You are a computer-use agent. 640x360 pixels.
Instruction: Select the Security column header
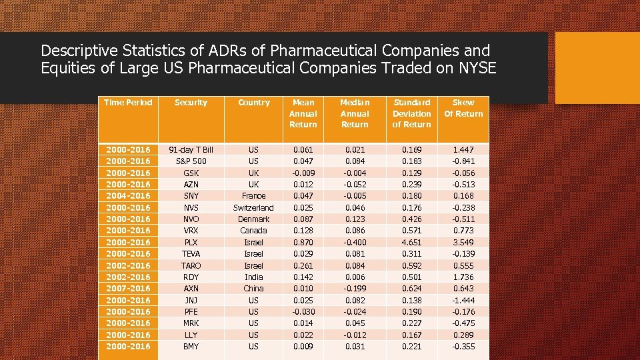coord(191,103)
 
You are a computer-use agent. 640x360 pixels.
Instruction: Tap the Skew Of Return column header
coord(463,108)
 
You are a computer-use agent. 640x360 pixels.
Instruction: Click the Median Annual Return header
coord(355,113)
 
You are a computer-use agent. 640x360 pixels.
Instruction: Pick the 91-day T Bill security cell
coord(191,150)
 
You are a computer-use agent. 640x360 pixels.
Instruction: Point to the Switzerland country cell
coord(253,208)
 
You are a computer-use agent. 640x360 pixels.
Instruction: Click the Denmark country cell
coord(253,219)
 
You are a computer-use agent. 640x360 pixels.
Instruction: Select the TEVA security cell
coord(191,254)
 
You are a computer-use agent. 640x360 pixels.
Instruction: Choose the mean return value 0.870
coord(303,243)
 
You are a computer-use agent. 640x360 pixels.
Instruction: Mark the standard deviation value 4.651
coord(411,243)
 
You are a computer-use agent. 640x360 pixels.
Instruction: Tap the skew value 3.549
coord(463,243)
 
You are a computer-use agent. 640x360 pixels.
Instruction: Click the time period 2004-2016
coord(128,196)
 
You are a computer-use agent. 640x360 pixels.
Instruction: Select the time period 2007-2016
coord(128,289)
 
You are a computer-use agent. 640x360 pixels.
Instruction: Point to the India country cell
coord(253,277)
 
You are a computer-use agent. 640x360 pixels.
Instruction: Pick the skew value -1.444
coord(463,301)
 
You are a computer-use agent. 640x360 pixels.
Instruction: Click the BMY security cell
coord(191,347)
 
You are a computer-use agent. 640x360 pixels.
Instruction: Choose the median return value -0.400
coord(355,243)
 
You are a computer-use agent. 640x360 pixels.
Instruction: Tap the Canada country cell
coord(253,231)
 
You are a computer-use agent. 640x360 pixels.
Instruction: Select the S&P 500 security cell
coord(191,161)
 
